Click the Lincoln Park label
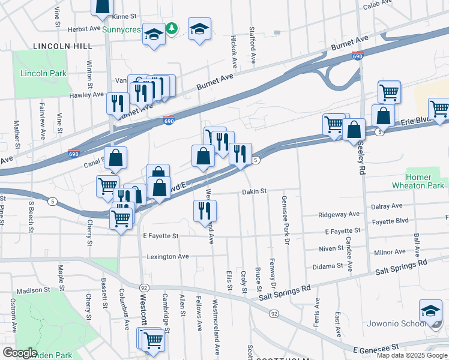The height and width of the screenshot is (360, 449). pyautogui.click(x=43, y=73)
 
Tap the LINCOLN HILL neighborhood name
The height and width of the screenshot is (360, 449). pyautogui.click(x=62, y=46)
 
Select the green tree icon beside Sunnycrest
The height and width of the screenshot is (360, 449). pyautogui.click(x=172, y=28)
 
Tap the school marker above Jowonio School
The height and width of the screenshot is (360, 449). pyautogui.click(x=430, y=311)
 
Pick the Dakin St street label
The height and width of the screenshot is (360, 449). pyautogui.click(x=254, y=191)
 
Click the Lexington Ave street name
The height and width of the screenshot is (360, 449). pyautogui.click(x=168, y=256)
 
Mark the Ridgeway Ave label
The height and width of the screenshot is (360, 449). pyautogui.click(x=339, y=214)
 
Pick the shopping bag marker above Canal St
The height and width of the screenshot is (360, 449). pyautogui.click(x=116, y=158)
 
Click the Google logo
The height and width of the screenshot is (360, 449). pyautogui.click(x=20, y=353)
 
